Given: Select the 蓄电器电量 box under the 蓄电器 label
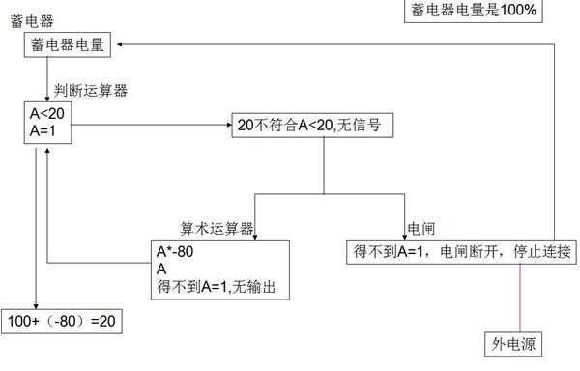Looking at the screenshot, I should point(65,43).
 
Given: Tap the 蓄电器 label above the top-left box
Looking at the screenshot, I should point(31,20).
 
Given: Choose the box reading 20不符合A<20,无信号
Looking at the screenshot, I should point(313,126).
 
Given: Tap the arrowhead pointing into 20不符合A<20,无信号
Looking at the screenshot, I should point(226,125).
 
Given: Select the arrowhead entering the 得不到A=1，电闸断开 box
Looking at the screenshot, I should point(404,235).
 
